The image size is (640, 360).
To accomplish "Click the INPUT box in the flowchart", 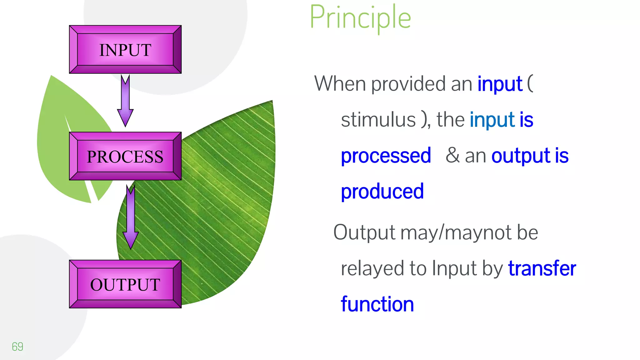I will click(125, 50).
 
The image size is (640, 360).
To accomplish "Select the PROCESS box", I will click(125, 156).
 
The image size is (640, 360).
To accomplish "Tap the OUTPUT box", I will click(125, 284).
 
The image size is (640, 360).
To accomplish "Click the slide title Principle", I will click(360, 18).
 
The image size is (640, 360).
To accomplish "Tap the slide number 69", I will click(17, 347).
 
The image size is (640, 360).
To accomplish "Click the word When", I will click(340, 84).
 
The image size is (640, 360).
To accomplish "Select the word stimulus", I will click(378, 120).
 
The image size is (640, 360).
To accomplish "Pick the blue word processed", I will click(386, 156).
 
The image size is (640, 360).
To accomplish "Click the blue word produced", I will click(382, 192).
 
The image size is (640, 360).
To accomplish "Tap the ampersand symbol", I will click(452, 155).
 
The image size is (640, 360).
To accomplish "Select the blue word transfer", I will click(542, 268).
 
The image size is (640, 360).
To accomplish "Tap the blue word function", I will click(377, 304).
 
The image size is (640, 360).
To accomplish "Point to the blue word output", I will click(520, 156).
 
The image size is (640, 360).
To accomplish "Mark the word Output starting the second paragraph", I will click(364, 233).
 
